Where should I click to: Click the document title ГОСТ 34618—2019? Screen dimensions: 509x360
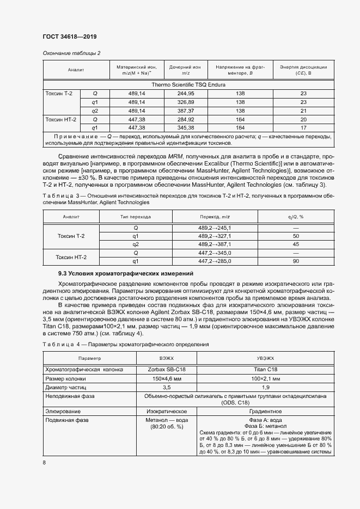click(66, 37)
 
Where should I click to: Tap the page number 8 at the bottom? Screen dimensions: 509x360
click(44, 462)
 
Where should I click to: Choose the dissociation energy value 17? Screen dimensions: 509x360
click(303, 127)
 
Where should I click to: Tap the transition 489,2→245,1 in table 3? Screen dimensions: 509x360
click(215, 228)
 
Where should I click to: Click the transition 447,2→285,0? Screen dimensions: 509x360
click(215, 261)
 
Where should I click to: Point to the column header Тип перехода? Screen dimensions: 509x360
click(136, 217)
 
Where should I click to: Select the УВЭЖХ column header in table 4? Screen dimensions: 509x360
click(265, 359)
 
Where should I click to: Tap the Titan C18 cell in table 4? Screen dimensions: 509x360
click(265, 370)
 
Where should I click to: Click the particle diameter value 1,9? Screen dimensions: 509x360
click(265, 387)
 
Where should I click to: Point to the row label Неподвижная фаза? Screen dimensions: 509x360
click(70, 396)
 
